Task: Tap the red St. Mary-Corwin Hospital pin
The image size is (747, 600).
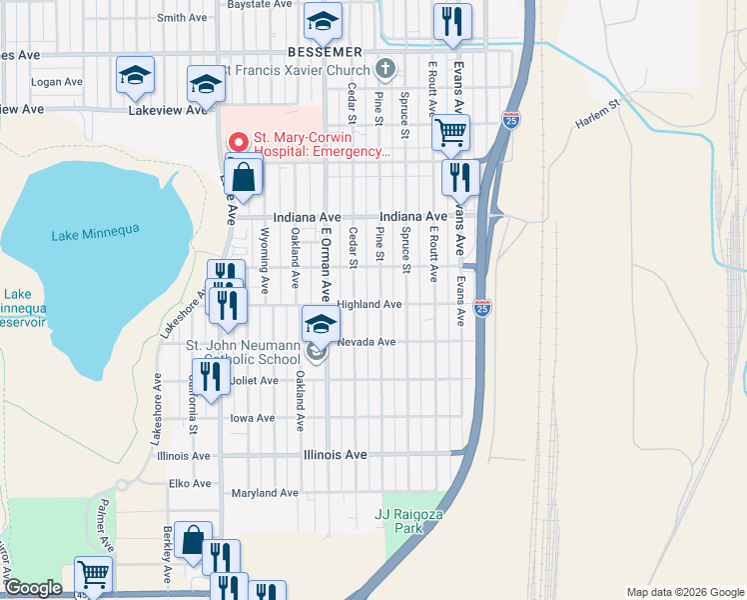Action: (237, 141)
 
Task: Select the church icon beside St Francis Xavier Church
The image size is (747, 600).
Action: (385, 69)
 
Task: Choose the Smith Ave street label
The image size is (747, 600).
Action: (182, 18)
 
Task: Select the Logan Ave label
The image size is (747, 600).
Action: (56, 81)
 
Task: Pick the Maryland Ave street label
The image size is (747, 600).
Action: (265, 493)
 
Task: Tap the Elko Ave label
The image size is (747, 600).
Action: (188, 483)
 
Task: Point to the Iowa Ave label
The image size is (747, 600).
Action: (252, 418)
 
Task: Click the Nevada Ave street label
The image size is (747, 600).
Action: (367, 342)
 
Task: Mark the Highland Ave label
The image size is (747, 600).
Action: (370, 304)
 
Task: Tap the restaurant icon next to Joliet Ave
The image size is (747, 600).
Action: (210, 376)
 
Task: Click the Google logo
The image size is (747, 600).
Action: (33, 588)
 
